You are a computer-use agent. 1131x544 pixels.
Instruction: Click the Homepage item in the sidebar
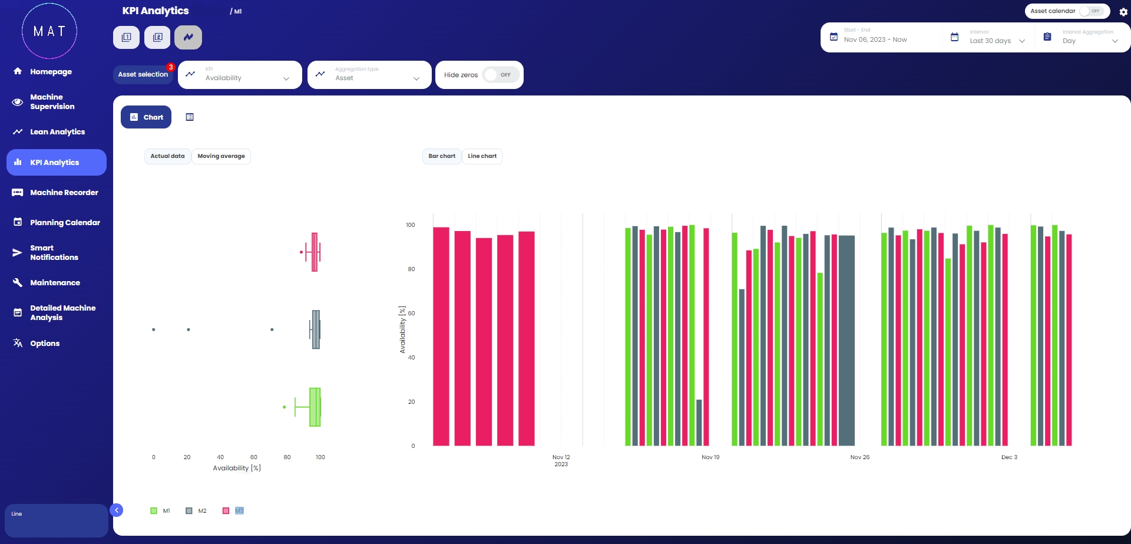point(51,72)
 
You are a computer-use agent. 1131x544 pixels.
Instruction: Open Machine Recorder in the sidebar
point(64,193)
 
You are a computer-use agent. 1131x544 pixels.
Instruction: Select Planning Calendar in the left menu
point(65,223)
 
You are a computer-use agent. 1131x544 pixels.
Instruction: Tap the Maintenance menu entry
point(55,283)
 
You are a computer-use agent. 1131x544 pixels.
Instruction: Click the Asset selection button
point(143,75)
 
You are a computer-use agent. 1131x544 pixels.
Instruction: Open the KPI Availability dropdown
point(240,75)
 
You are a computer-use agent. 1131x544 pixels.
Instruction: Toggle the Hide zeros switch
point(501,75)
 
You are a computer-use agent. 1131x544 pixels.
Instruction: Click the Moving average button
point(221,156)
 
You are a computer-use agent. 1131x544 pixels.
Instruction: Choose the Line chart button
point(482,156)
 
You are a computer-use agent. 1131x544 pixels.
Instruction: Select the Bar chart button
point(442,156)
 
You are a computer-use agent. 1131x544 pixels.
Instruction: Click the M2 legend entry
point(196,511)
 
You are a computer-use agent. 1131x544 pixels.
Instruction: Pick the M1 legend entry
point(160,511)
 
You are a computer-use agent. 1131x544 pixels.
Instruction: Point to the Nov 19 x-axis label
point(710,457)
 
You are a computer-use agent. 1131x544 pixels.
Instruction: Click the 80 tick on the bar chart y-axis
point(411,269)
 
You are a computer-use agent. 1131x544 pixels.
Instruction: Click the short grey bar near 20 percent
point(699,423)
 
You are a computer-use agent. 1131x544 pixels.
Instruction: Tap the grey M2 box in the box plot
point(316,329)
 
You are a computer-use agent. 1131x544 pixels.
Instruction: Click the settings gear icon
point(1123,12)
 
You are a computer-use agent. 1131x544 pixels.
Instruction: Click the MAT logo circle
point(49,31)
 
